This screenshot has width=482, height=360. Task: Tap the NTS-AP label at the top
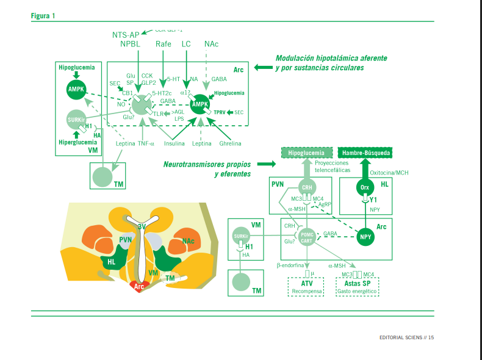pyautogui.click(x=126, y=35)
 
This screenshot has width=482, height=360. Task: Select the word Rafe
pyautogui.click(x=164, y=45)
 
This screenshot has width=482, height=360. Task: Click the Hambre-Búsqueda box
pyautogui.click(x=365, y=152)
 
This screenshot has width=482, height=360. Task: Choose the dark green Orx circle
pyautogui.click(x=365, y=187)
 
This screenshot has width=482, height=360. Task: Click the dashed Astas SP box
pyautogui.click(x=357, y=287)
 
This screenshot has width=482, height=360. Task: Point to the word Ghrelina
pyautogui.click(x=230, y=143)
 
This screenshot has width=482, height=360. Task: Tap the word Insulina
pyautogui.click(x=174, y=143)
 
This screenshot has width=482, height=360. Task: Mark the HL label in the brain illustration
pyautogui.click(x=111, y=261)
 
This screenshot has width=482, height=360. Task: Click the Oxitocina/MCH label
pyautogui.click(x=389, y=173)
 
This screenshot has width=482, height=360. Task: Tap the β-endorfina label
pyautogui.click(x=290, y=265)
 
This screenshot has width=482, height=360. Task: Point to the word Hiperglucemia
pyautogui.click(x=77, y=142)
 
